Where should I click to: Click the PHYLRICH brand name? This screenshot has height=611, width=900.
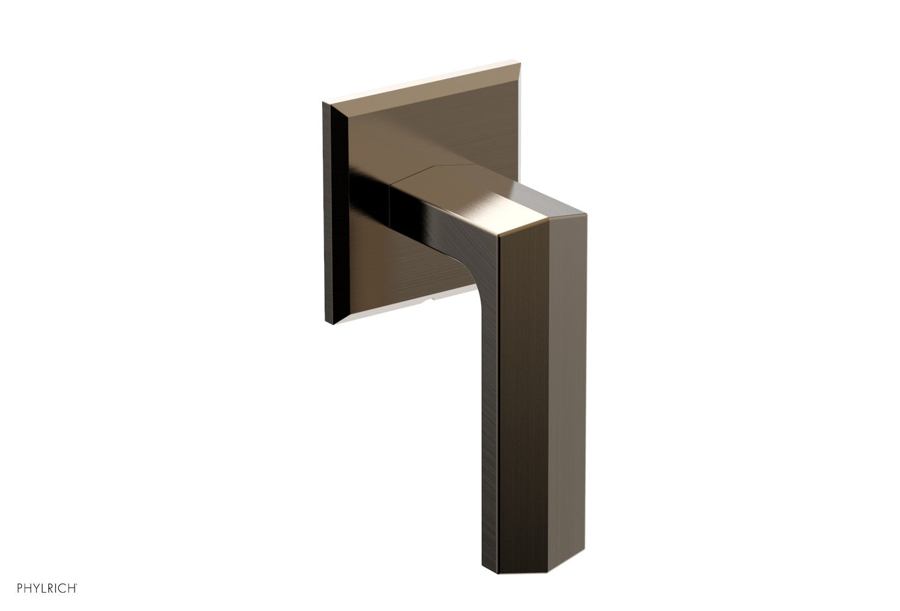(39, 588)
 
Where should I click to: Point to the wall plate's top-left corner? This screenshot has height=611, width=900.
(323, 103)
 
